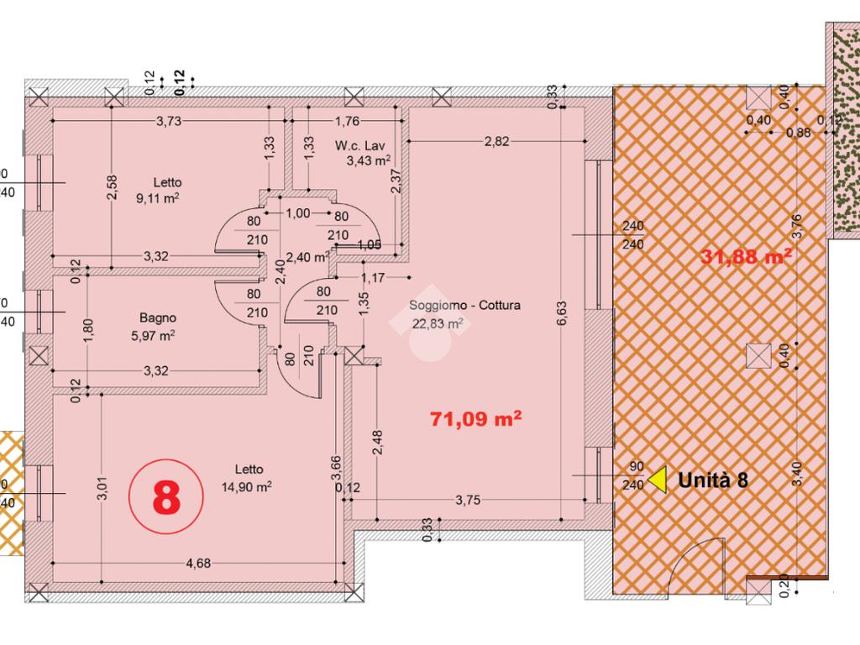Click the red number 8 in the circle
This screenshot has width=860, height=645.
[x=166, y=497]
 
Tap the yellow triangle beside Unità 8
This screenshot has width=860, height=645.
[x=658, y=480]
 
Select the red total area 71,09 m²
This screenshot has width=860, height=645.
[x=475, y=419]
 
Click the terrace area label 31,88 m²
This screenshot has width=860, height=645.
[x=746, y=256]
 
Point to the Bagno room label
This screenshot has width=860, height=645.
[x=158, y=317]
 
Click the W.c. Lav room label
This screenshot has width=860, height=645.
[x=359, y=146]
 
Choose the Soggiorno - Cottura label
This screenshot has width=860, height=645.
[x=464, y=306]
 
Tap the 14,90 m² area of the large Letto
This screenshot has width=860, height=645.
[x=247, y=486]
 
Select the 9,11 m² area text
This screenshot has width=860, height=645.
[x=157, y=198]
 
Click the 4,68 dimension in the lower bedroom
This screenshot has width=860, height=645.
[x=198, y=564]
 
